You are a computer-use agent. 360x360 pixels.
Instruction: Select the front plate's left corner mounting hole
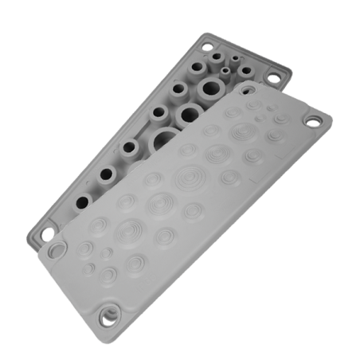tap(57, 252)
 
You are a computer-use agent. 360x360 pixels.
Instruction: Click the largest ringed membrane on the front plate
tap(188, 176)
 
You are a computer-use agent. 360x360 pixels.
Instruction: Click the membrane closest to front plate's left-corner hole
tap(84, 249)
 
